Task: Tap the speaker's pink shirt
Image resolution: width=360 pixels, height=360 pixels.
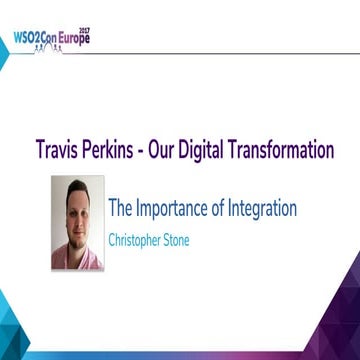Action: (91, 262)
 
